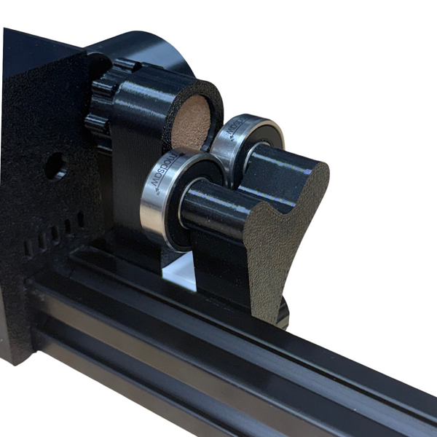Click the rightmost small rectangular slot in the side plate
(80, 218)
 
